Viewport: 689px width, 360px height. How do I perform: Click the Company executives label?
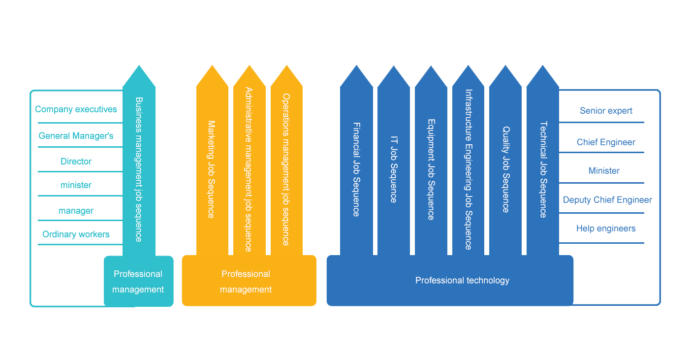(x=76, y=109)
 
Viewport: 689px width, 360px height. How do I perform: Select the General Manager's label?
(x=76, y=135)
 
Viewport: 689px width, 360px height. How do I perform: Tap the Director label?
(x=76, y=161)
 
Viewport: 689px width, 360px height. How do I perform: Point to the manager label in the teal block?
(x=77, y=211)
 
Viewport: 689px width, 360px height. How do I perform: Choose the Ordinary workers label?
(x=76, y=234)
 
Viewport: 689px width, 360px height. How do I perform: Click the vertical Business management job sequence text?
(x=139, y=169)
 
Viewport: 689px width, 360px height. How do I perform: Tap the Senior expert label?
(x=606, y=111)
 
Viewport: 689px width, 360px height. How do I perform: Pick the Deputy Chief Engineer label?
(x=608, y=199)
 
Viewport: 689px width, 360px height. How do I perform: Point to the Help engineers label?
(x=606, y=229)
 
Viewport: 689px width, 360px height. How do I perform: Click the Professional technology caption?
(x=462, y=280)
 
